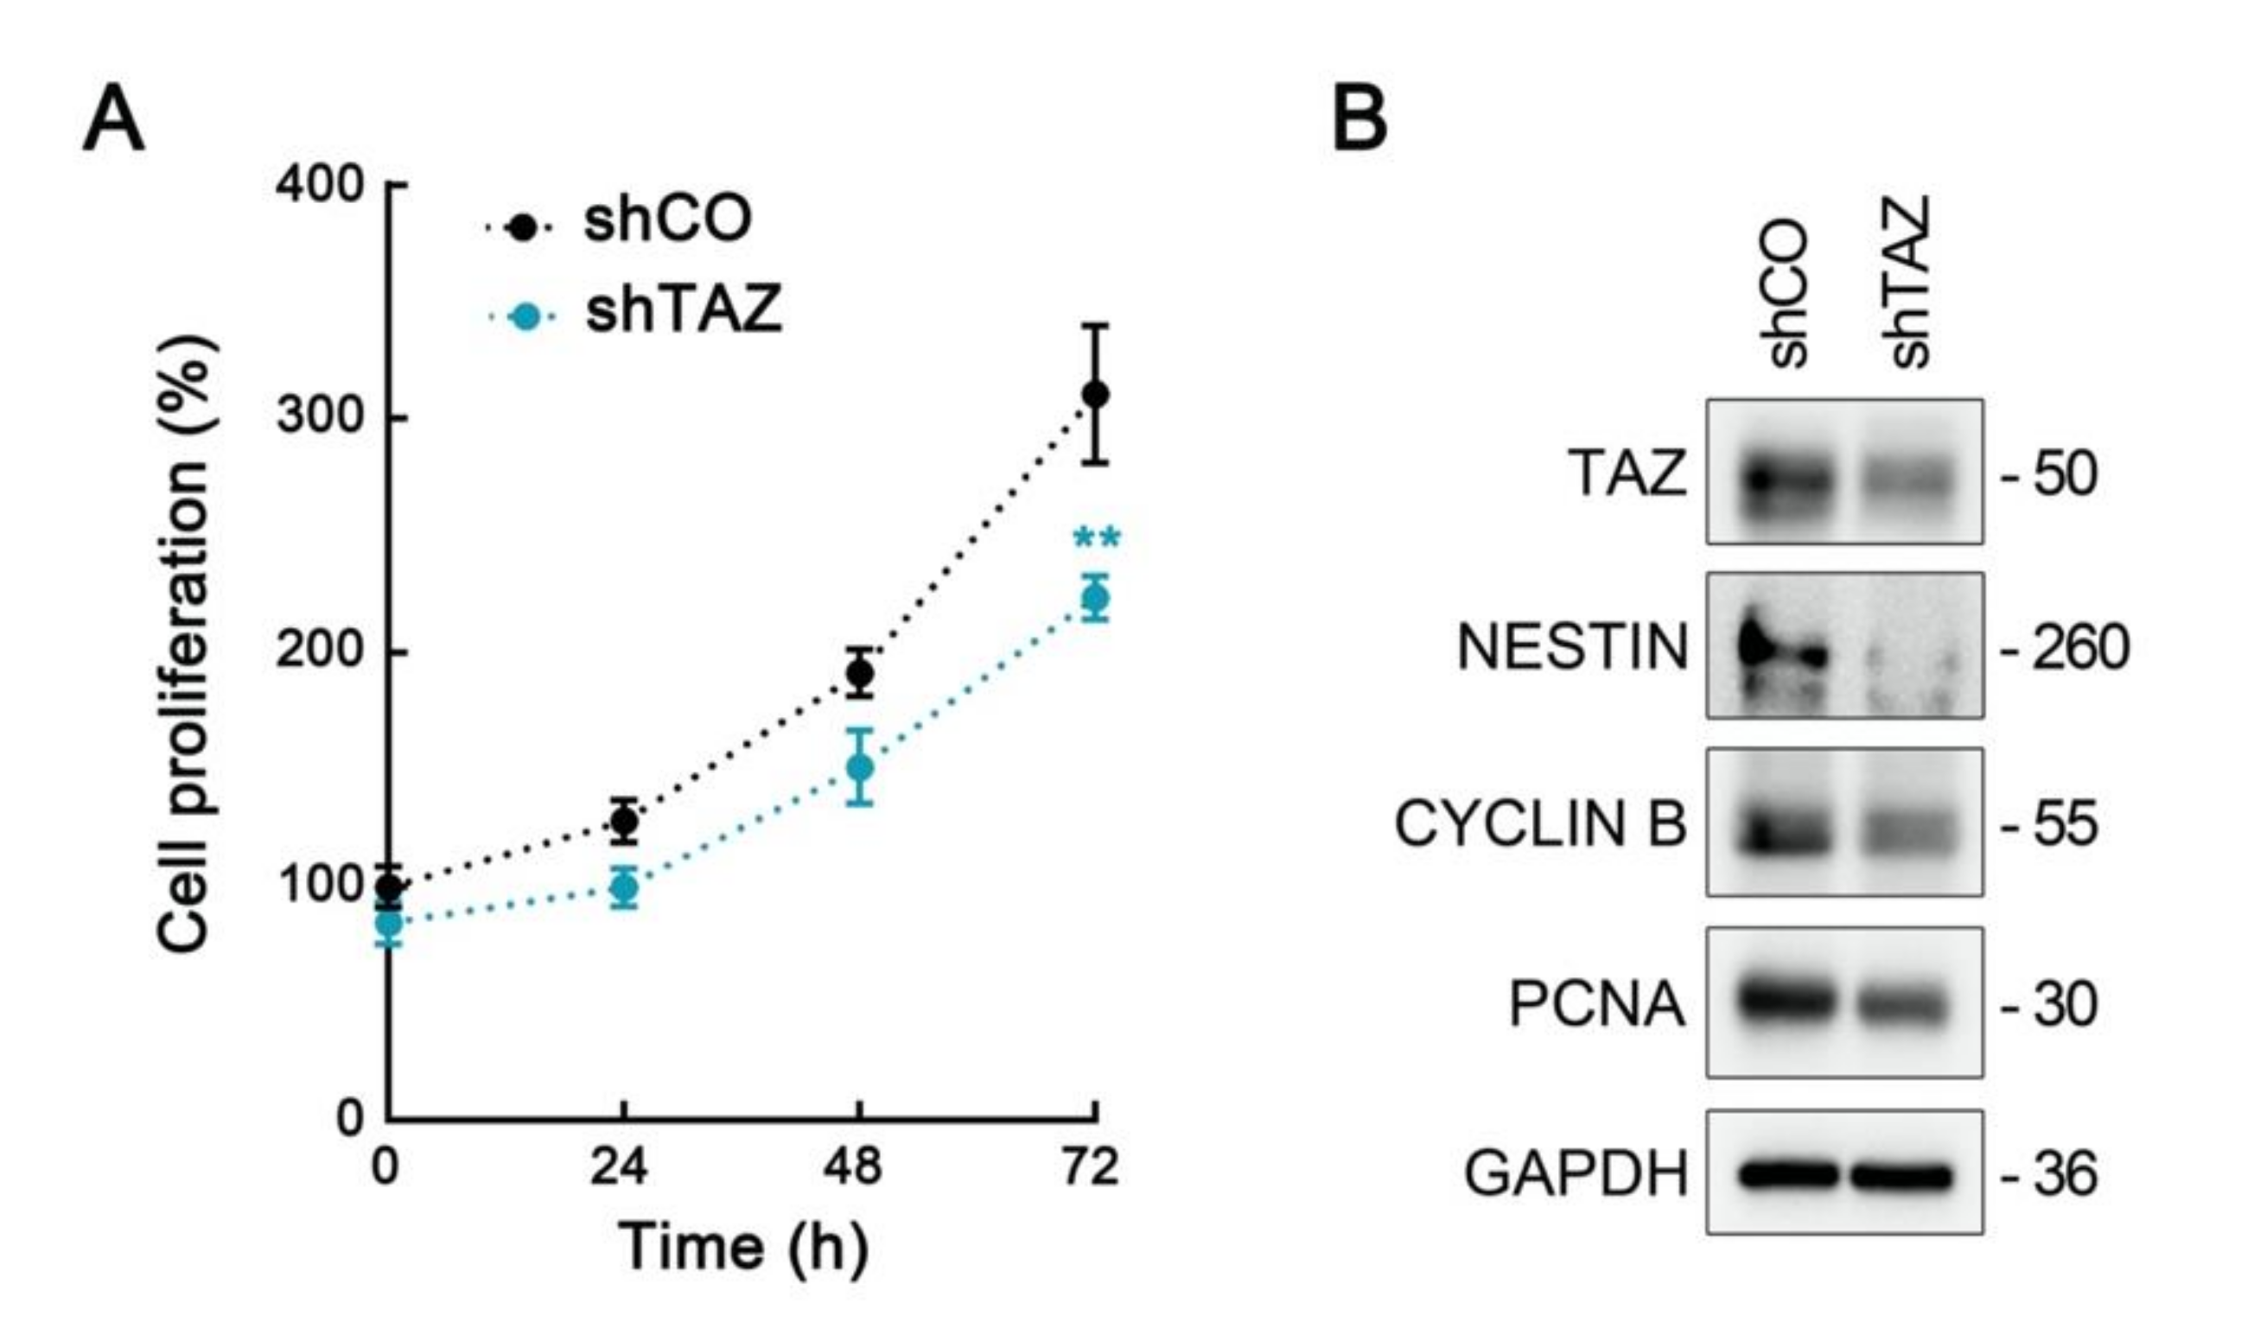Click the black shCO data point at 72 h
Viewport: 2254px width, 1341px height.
click(1095, 395)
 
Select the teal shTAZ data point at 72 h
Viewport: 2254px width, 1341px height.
click(1095, 598)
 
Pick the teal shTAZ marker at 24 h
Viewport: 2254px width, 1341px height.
click(624, 888)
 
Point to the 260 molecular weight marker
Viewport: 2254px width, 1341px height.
click(2079, 648)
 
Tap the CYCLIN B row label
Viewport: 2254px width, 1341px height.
click(1540, 824)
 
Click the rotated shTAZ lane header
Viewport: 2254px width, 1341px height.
click(1909, 282)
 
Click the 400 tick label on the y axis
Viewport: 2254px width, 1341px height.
click(318, 185)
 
